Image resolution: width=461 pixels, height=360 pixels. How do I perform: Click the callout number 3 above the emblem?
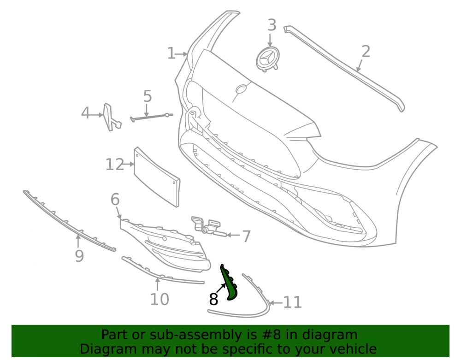[x=272, y=25]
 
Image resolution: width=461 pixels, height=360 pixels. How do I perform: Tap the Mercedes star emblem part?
[x=267, y=59]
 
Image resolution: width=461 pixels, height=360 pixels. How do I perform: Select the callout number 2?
[x=366, y=52]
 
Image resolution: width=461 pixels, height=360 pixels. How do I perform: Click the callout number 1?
[x=171, y=53]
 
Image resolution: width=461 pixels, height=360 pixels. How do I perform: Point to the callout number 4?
[x=85, y=113]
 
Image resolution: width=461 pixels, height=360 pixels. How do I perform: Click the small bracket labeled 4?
[x=112, y=118]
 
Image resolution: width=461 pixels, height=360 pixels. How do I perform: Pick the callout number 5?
[x=148, y=96]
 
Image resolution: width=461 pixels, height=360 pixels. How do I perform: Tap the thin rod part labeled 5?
[x=151, y=117]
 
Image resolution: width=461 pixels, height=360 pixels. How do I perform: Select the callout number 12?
[x=115, y=165]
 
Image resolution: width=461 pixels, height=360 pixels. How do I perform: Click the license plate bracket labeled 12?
[x=157, y=177]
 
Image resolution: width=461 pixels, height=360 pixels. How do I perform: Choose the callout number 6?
[x=115, y=200]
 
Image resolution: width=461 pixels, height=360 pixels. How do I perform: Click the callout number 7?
[x=246, y=236]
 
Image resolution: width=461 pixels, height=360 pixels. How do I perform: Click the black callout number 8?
[x=213, y=299]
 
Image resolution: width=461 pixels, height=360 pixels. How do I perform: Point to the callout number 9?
[x=79, y=256]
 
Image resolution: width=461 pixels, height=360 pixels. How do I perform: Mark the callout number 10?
[x=160, y=300]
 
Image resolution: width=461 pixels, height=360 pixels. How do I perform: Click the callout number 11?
[x=293, y=302]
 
